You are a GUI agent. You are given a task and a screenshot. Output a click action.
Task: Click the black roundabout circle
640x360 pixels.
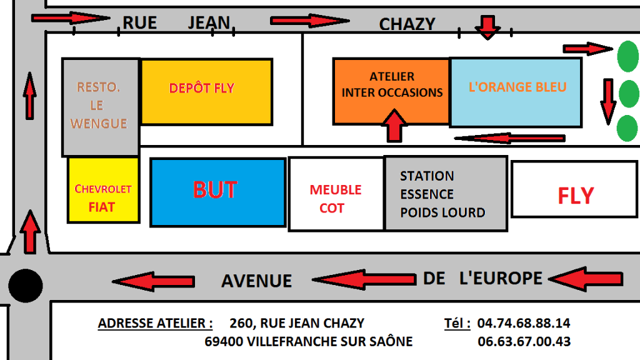pyautogui.click(x=25, y=285)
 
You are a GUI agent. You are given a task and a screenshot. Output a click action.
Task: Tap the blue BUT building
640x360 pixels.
pyautogui.click(x=218, y=192)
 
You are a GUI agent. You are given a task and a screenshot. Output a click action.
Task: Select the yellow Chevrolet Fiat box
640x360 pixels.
pyautogui.click(x=103, y=190)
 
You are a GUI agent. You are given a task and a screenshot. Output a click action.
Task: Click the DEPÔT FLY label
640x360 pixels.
pyautogui.click(x=202, y=88)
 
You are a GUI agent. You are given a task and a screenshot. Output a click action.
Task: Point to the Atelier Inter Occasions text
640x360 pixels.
pyautogui.click(x=392, y=84)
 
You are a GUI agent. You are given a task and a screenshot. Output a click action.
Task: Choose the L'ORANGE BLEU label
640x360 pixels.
pyautogui.click(x=517, y=87)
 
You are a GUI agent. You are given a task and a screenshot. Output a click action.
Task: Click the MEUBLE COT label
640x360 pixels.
pyautogui.click(x=336, y=199)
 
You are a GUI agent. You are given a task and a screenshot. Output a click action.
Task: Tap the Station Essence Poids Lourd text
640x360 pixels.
pyautogui.click(x=442, y=194)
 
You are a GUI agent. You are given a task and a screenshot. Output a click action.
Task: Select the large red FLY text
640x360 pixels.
pyautogui.click(x=576, y=196)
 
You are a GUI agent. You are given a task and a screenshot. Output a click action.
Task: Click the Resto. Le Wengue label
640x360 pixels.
pyautogui.click(x=99, y=105)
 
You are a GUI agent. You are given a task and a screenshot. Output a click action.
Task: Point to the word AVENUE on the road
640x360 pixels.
pyautogui.click(x=257, y=281)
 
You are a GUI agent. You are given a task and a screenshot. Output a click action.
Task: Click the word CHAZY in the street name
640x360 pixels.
pyautogui.click(x=407, y=24)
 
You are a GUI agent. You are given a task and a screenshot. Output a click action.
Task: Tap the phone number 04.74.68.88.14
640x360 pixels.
pyautogui.click(x=524, y=323)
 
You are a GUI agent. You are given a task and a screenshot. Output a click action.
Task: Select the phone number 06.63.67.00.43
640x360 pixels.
pyautogui.click(x=524, y=341)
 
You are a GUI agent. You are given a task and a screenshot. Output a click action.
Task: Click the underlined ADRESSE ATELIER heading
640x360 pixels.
pyautogui.click(x=155, y=323)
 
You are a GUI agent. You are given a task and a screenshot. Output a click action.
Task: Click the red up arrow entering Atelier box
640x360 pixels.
pyautogui.click(x=394, y=125)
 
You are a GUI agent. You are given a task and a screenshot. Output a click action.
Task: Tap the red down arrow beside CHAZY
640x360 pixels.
pyautogui.click(x=487, y=27)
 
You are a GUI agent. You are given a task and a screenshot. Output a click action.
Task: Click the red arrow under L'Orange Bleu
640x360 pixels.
pyautogui.click(x=510, y=138)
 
